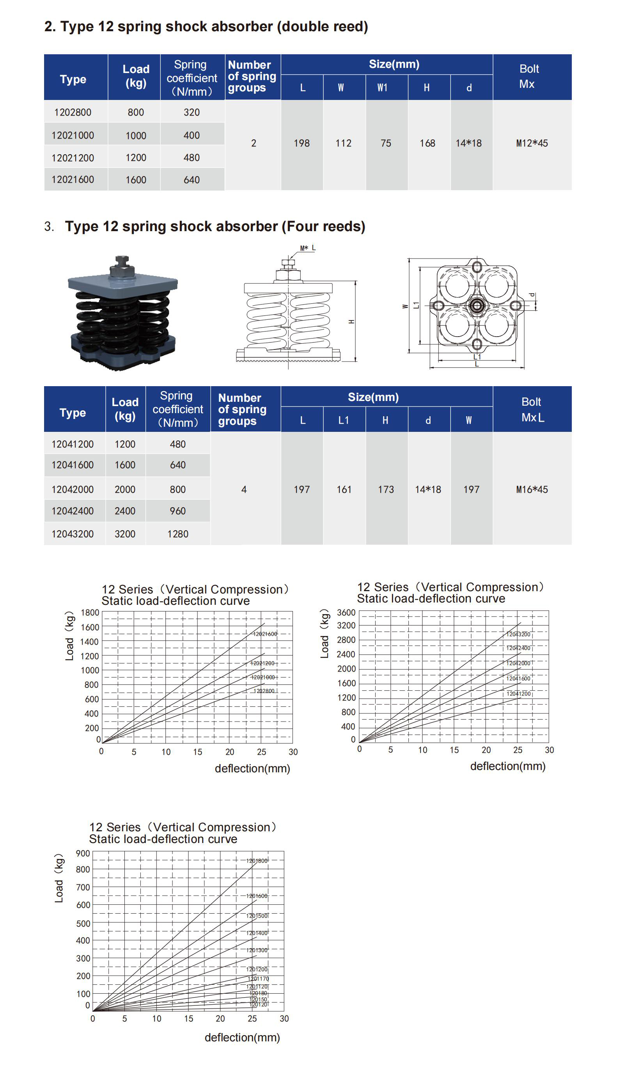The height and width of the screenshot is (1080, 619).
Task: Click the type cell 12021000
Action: pyautogui.click(x=73, y=135)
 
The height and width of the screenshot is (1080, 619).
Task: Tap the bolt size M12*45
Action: pyautogui.click(x=532, y=143)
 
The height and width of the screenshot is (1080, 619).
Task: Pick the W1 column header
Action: pyautogui.click(x=382, y=88)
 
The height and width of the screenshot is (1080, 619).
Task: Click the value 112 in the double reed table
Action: pyautogui.click(x=343, y=143)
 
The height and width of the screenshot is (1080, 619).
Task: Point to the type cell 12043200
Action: pyautogui.click(x=72, y=534)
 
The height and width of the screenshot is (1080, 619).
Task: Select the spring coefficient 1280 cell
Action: pyautogui.click(x=177, y=534)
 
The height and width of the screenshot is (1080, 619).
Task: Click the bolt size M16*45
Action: pyautogui.click(x=532, y=490)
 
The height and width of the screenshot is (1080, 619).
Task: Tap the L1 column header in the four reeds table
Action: pyautogui.click(x=344, y=421)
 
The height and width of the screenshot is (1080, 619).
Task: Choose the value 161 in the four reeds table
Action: pyautogui.click(x=344, y=490)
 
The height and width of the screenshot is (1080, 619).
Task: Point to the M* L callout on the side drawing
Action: pyautogui.click(x=307, y=248)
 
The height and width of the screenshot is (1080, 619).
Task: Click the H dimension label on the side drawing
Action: pyautogui.click(x=351, y=322)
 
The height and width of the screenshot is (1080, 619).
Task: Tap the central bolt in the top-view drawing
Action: pyautogui.click(x=477, y=306)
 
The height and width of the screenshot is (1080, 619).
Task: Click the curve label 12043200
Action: pyautogui.click(x=518, y=634)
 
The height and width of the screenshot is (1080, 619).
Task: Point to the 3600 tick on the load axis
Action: pyautogui.click(x=346, y=613)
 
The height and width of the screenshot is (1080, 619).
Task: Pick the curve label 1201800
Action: pyautogui.click(x=257, y=861)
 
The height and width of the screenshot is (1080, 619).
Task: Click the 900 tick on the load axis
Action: pyautogui.click(x=83, y=854)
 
